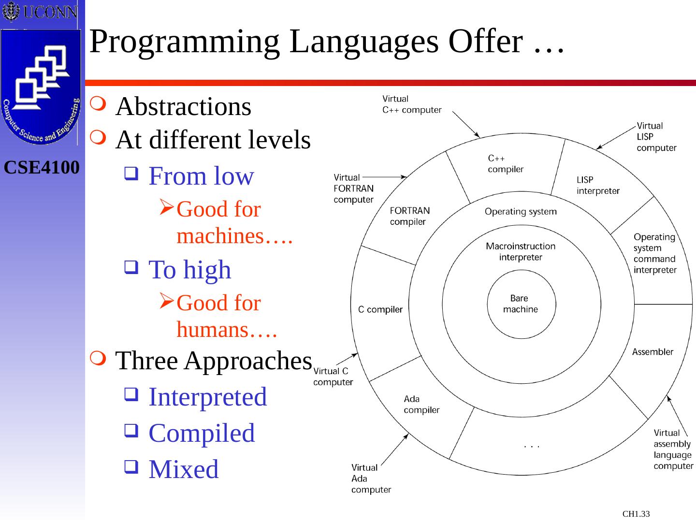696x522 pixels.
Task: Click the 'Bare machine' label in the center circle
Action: pos(520,304)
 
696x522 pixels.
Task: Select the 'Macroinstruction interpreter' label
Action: pos(521,252)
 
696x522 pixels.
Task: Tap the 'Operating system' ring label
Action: pos(521,212)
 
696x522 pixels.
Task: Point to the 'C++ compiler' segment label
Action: pos(505,164)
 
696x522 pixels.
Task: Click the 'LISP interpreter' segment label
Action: pos(598,185)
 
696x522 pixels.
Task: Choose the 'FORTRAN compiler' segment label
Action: pos(409,216)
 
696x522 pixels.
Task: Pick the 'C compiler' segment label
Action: pos(380,310)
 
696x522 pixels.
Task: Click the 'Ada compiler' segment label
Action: pos(421,405)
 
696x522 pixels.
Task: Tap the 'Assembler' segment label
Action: pos(652,352)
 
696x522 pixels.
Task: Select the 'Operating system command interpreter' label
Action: pos(655,253)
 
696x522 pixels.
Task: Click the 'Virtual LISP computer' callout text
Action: pos(656,137)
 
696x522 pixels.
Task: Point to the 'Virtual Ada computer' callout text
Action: pos(371,478)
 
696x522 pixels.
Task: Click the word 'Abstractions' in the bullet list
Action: pos(183,106)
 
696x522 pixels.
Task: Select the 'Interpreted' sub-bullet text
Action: pos(207,397)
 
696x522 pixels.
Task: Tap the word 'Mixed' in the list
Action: pos(183,469)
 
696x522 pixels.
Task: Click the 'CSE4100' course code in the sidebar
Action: pos(42,168)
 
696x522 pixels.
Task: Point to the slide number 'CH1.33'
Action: pos(636,514)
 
